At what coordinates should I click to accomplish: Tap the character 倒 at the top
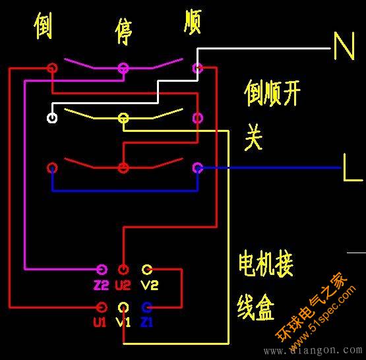click(43, 26)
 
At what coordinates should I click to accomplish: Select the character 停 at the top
click(123, 31)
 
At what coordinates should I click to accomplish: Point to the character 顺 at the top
click(193, 22)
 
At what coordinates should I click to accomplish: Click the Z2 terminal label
click(101, 285)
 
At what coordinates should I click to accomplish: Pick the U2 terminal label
click(123, 285)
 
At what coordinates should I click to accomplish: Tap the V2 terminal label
click(150, 285)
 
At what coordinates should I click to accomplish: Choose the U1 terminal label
click(100, 322)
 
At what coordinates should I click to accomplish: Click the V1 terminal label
click(123, 322)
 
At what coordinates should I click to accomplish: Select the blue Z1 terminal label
click(147, 322)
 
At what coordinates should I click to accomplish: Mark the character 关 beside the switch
click(254, 137)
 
